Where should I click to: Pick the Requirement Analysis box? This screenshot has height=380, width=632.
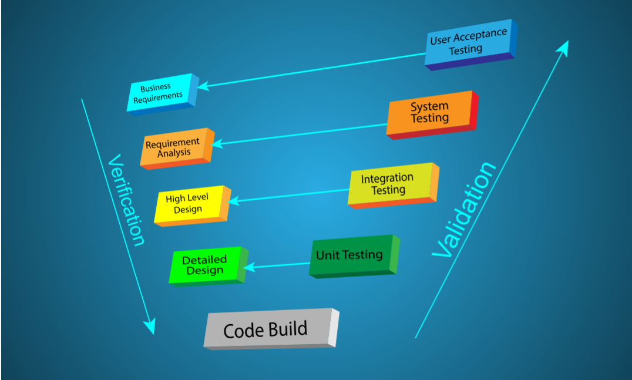tap(174, 147)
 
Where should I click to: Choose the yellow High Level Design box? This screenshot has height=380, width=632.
tap(189, 204)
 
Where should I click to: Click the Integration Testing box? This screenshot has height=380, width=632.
tap(388, 184)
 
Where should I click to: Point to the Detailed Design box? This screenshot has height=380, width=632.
tap(205, 265)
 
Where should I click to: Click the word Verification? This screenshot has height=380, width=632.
tap(126, 200)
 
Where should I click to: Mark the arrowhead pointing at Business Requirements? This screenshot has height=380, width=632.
tap(203, 86)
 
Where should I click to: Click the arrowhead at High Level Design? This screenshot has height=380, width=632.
tap(233, 201)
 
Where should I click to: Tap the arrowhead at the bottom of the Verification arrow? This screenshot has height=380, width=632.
tap(150, 327)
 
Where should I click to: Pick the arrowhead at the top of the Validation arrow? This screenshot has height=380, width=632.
tap(563, 48)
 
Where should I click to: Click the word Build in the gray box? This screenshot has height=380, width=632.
tap(287, 328)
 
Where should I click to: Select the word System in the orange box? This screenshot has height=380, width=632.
tap(429, 107)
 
